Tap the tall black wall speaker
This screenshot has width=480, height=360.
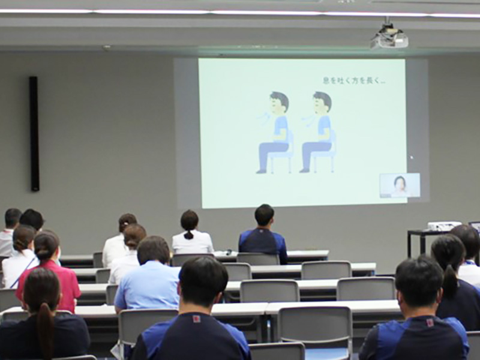34,134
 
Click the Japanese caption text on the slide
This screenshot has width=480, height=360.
353,81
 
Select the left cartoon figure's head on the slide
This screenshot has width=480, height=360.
278,103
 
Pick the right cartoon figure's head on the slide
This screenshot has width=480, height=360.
322,103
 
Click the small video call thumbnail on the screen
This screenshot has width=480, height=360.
400,185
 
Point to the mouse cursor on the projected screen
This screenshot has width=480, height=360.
412,158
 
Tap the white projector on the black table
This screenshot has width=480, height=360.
444,226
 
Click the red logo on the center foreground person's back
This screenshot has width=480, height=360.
196,319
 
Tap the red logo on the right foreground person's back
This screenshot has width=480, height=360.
430,322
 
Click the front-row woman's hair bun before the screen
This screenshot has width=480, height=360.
189,235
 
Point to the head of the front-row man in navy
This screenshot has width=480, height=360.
265,215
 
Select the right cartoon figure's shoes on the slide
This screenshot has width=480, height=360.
304,170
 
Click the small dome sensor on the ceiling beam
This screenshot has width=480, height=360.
107,47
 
